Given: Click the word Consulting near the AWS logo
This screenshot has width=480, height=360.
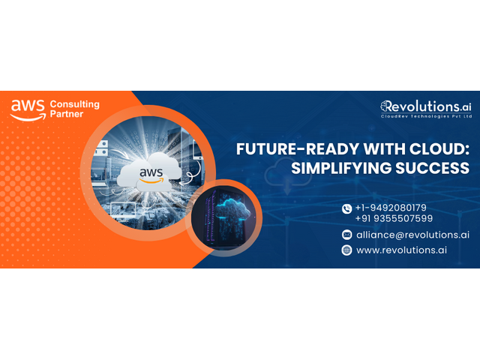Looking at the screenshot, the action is click(x=75, y=105).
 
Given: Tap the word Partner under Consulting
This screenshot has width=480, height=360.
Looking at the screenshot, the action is click(x=67, y=114).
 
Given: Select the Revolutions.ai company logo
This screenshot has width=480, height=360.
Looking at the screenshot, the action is click(x=426, y=109).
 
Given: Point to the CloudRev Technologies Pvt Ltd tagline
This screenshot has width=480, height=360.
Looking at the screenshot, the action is click(x=426, y=116).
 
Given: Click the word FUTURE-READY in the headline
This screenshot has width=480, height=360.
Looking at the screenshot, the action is click(x=298, y=149).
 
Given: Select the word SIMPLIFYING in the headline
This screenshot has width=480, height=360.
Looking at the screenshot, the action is click(x=341, y=168).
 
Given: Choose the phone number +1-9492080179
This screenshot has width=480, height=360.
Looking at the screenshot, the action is click(x=391, y=208).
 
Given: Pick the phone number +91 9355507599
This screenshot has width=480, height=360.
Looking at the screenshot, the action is click(x=394, y=218).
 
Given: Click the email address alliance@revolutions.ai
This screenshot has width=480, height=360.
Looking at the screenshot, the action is click(x=412, y=235).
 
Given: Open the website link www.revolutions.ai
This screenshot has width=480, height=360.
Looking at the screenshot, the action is click(x=401, y=250).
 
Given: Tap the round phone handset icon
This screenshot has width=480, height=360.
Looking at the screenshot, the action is click(x=346, y=209).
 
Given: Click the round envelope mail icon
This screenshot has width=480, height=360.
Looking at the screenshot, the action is click(x=346, y=235).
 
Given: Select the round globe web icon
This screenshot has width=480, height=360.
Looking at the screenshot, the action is click(x=346, y=250).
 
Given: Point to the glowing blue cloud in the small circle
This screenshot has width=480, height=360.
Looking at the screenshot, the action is click(x=232, y=209).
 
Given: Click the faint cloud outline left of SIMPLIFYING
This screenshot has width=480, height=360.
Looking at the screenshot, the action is click(x=288, y=175).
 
